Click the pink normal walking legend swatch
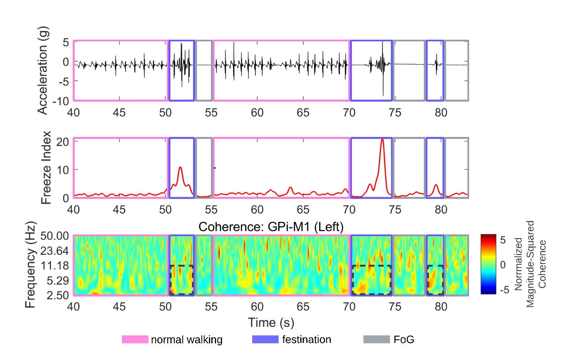(135, 339)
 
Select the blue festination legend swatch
(265, 339)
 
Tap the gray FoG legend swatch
(377, 339)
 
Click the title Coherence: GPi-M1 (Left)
(271, 227)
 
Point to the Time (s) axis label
(271, 323)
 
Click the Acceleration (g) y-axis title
(43, 71)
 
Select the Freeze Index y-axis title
(46, 167)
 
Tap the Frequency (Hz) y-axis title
(30, 265)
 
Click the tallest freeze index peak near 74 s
(382, 139)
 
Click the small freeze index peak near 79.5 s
(436, 185)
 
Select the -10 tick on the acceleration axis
(60, 101)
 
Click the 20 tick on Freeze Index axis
(62, 142)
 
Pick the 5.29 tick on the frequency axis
(58, 281)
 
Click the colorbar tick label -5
(504, 290)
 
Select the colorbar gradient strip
(488, 264)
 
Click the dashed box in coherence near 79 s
(435, 280)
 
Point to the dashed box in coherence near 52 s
(182, 280)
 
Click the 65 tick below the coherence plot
(303, 307)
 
